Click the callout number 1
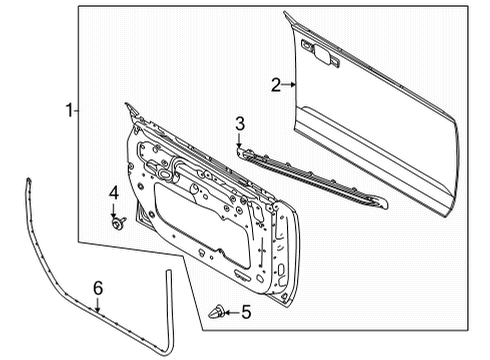coord(68,112)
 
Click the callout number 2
coord(276,85)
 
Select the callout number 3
coord(239,124)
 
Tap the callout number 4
coord(113,192)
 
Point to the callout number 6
coord(97,289)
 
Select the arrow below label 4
coord(114,208)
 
